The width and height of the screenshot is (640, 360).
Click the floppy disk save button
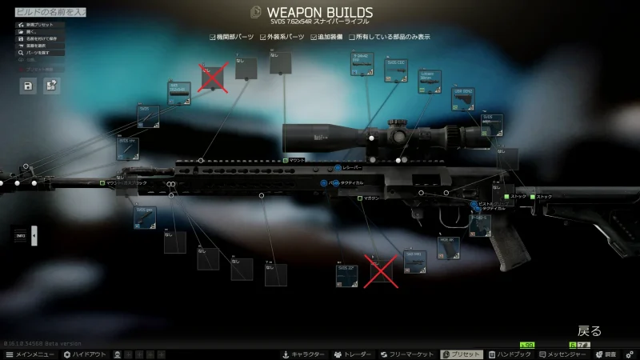pyautogui.click(x=28, y=86)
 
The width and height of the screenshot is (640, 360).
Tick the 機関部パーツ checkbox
pyautogui.click(x=213, y=37)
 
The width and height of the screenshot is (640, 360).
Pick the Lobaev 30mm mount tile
pyautogui.click(x=430, y=83)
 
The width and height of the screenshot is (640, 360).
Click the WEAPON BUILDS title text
pyautogui.click(x=319, y=12)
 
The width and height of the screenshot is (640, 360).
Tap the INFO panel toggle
pyautogui.click(x=22, y=235)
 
